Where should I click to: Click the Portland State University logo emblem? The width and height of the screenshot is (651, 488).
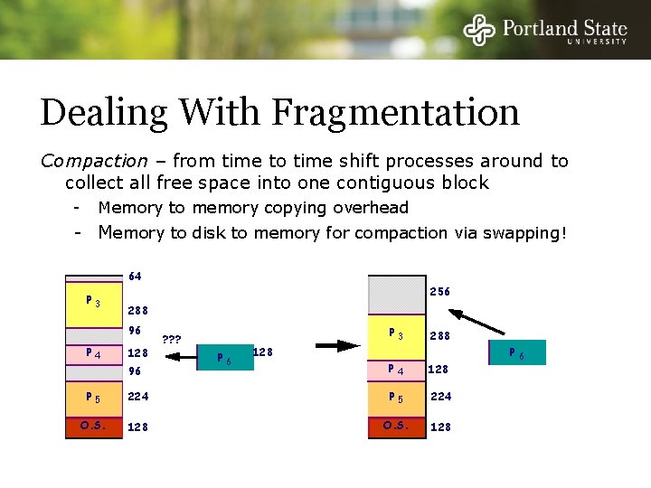tap(480, 30)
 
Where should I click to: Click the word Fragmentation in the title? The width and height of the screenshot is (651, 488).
tap(395, 113)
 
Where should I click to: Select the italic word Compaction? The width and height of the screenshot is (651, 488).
tap(94, 161)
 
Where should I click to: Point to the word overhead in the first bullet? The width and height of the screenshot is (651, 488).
tap(369, 208)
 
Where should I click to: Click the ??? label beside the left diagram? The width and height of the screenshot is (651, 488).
tap(172, 341)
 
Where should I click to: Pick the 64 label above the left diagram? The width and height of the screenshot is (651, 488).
tap(135, 276)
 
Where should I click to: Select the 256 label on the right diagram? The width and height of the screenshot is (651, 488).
tap(439, 292)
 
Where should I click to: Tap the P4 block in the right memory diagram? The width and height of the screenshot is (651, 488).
tap(396, 369)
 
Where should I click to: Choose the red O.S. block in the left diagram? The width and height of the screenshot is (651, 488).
tap(93, 427)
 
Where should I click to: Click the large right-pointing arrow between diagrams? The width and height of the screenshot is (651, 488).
tap(337, 345)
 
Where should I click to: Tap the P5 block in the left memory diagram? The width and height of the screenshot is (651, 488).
tap(93, 397)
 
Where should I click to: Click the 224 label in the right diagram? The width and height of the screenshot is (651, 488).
tap(440, 397)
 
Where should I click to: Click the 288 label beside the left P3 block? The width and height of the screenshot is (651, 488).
tap(137, 310)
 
